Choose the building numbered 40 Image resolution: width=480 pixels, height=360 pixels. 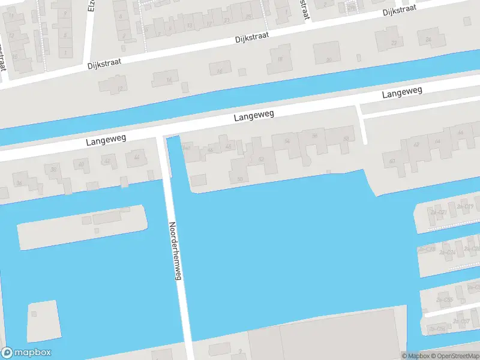82,163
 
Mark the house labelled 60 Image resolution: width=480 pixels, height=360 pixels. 392,161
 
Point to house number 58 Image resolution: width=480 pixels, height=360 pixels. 346,139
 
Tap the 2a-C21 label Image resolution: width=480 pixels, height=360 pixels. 438,212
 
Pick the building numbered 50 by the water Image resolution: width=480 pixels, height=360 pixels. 240,179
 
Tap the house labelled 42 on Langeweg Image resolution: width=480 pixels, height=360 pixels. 416,144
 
